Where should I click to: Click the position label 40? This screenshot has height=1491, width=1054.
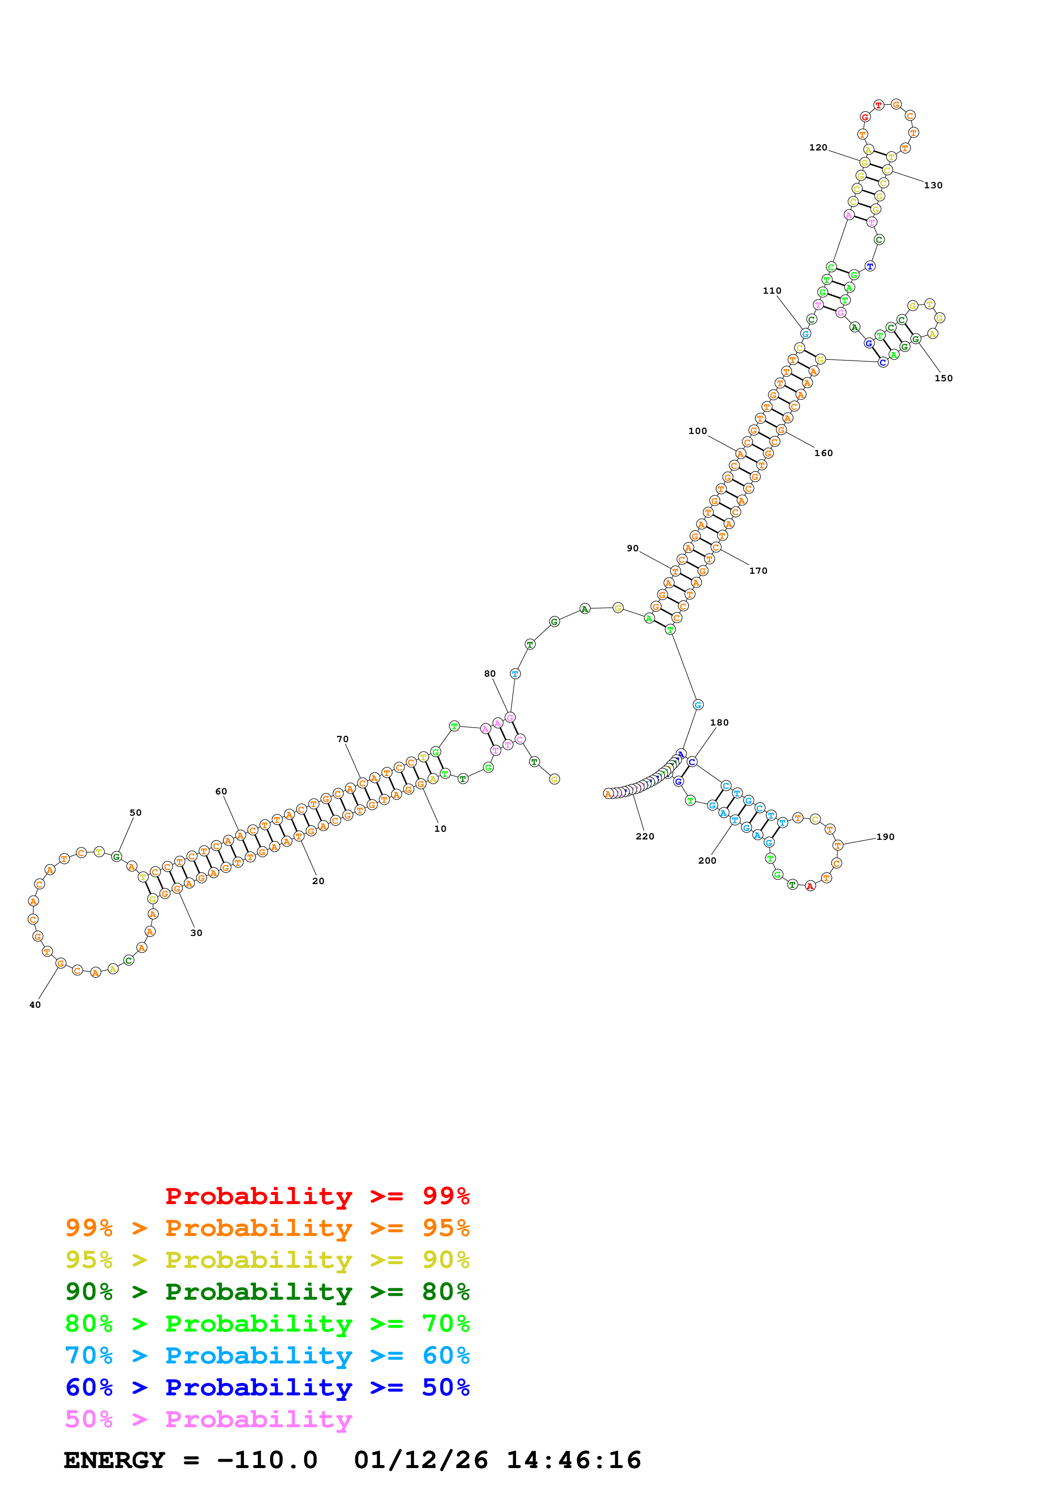click(x=35, y=1005)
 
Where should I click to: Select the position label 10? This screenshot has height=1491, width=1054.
click(x=440, y=829)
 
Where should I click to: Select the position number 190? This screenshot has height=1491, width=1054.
click(x=885, y=836)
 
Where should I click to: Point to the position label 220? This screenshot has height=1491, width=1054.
click(x=645, y=836)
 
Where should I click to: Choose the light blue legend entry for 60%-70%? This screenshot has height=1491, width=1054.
click(x=267, y=1355)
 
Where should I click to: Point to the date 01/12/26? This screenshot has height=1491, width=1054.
click(x=421, y=1460)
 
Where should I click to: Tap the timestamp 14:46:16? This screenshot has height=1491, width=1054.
click(x=574, y=1460)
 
